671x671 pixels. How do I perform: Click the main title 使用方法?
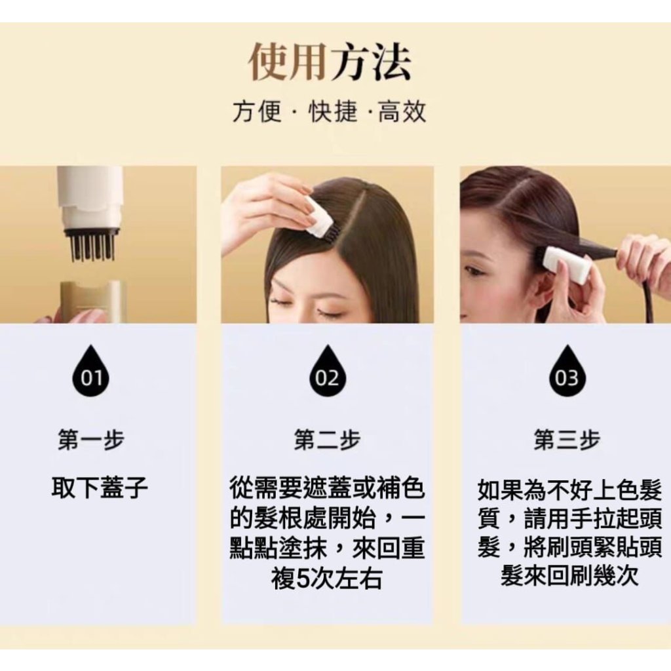click(x=329, y=62)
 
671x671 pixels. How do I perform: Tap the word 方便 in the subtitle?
click(x=257, y=111)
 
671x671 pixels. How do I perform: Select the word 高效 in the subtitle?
click(x=402, y=111)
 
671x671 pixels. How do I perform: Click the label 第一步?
click(x=90, y=440)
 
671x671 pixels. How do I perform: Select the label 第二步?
click(x=327, y=440)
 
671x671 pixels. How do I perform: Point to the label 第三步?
click(x=567, y=440)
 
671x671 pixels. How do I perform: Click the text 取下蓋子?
click(x=100, y=488)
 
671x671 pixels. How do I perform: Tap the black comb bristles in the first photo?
click(x=92, y=246)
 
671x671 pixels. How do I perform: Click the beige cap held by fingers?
click(x=92, y=301)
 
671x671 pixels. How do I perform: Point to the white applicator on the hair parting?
click(x=321, y=218)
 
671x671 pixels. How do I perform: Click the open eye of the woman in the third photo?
click(x=472, y=271)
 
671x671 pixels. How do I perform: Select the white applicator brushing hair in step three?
click(x=566, y=263)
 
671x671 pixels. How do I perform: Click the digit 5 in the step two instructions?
click(x=303, y=579)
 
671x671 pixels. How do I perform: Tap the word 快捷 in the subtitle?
click(x=332, y=111)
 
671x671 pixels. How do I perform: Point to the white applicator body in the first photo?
click(x=90, y=197)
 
